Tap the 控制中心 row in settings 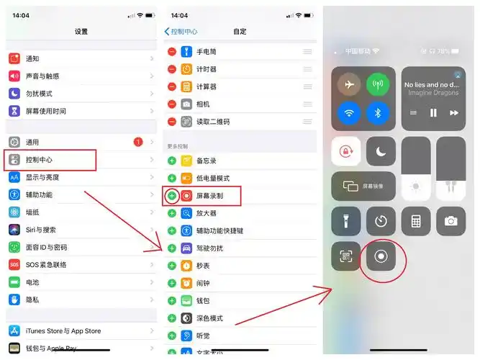tap(50, 160)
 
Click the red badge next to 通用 tap(138, 143)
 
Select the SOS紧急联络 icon tap(14, 265)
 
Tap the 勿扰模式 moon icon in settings tap(14, 94)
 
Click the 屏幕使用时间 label tap(45, 111)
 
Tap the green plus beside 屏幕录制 tap(172, 195)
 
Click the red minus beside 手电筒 tap(172, 52)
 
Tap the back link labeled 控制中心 tap(181, 32)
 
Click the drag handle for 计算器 tap(307, 86)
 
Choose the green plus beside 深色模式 tap(172, 318)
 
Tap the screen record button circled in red tap(381, 256)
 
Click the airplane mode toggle tap(349, 85)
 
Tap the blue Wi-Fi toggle tap(349, 113)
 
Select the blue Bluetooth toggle tap(377, 113)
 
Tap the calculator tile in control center tap(416, 221)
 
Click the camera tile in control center tap(450, 221)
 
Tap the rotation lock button tap(346, 151)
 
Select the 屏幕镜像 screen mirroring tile tap(363, 186)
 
